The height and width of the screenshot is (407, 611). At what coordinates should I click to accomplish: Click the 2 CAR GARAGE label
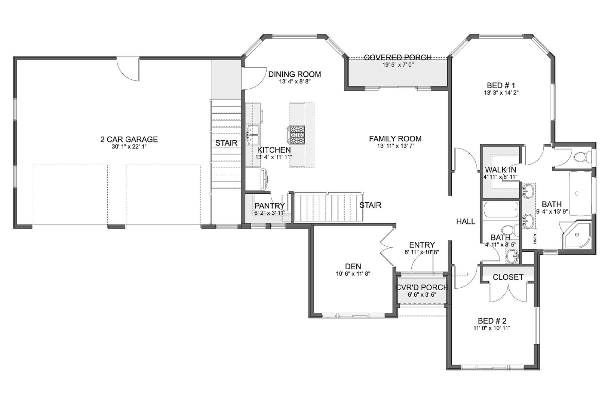click(x=129, y=139)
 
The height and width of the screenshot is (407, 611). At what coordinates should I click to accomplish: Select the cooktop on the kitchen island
click(x=297, y=135)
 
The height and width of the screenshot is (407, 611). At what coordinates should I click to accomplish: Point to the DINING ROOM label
click(x=294, y=74)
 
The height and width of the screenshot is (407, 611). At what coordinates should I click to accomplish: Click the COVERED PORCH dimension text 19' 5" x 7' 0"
click(x=398, y=64)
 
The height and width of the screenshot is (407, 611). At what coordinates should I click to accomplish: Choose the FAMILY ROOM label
click(x=395, y=139)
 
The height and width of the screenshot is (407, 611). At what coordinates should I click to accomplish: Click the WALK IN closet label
click(x=501, y=170)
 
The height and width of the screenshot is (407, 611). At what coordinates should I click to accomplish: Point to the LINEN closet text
click(x=535, y=239)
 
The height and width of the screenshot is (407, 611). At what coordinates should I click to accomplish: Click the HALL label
click(x=466, y=222)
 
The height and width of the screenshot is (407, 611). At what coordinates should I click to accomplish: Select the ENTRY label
click(x=422, y=245)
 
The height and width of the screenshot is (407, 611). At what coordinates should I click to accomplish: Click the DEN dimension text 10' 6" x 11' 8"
click(x=353, y=274)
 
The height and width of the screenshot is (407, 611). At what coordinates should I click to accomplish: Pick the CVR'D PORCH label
click(x=422, y=288)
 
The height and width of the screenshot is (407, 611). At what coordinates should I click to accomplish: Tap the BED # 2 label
click(x=492, y=321)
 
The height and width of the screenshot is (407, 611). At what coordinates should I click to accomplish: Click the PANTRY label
click(x=270, y=206)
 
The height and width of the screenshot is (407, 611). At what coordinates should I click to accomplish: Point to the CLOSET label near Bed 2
click(x=508, y=277)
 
